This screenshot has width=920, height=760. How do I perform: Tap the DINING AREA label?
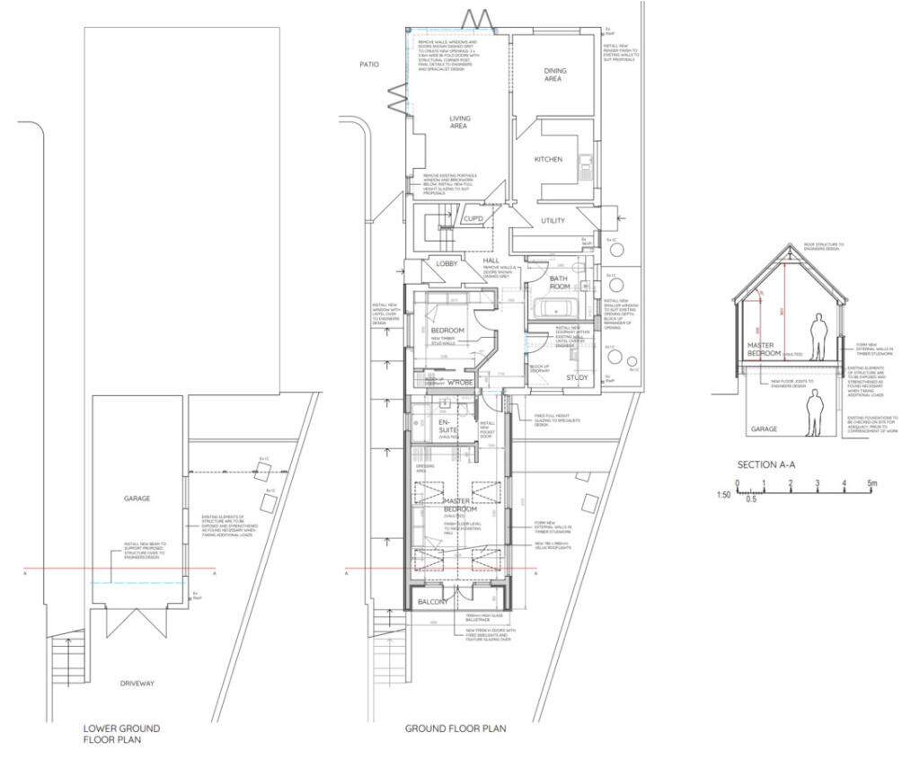553,75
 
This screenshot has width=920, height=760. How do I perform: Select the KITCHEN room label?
548,159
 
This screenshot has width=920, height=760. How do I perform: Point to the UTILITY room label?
552,221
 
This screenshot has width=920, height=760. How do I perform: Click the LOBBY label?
447,264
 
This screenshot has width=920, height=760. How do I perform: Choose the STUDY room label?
577,377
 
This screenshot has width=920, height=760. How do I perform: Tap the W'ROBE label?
462,381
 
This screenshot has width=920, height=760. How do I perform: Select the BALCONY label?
430,602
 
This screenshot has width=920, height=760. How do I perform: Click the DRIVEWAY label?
137,684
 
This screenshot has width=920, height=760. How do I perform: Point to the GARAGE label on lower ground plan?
137,498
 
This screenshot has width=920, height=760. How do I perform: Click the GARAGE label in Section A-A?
764,429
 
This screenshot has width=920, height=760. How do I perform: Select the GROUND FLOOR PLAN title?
455,729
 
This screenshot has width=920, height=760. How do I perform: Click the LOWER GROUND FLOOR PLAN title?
121,734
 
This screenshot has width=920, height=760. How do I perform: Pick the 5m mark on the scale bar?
871,483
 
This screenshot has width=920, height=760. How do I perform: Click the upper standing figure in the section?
818,334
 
